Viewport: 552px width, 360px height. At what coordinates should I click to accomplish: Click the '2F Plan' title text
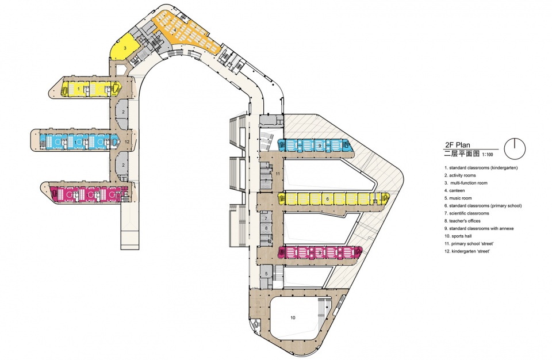click(x=457, y=145)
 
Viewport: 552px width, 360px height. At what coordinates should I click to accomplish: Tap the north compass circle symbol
click(x=515, y=148)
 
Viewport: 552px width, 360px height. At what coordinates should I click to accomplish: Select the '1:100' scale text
click(x=488, y=154)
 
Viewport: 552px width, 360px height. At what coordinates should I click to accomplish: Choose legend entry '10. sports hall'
click(x=458, y=236)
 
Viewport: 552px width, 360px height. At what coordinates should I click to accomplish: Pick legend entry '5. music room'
click(x=458, y=198)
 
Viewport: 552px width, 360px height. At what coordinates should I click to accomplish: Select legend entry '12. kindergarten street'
click(x=467, y=251)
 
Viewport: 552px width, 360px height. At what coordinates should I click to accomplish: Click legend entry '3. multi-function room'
click(x=466, y=183)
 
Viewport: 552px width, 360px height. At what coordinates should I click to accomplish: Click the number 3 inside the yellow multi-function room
click(x=125, y=48)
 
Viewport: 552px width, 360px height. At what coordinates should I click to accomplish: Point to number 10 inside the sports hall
click(x=293, y=317)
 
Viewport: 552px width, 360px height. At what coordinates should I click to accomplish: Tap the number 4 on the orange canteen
click(x=175, y=29)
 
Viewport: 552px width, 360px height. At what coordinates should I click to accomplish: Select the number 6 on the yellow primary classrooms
click(x=327, y=199)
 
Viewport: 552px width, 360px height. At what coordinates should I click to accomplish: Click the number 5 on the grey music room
click(x=266, y=274)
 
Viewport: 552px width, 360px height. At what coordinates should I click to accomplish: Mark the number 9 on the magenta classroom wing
click(x=320, y=252)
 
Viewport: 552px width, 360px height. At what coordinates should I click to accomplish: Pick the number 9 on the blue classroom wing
click(x=320, y=145)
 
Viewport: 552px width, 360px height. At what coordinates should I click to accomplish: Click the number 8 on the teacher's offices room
click(x=266, y=228)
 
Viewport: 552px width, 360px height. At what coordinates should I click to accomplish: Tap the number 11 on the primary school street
click(x=278, y=174)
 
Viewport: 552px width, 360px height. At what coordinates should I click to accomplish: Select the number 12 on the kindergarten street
click(x=127, y=141)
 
